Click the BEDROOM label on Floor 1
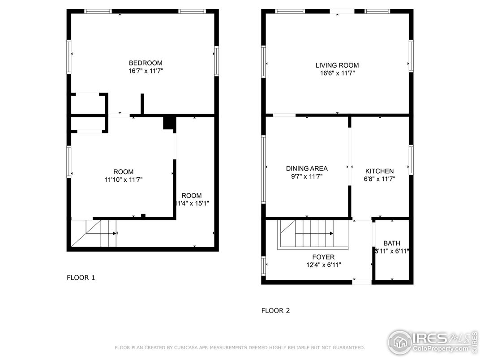(x=146, y=63)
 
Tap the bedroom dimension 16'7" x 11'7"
(x=146, y=71)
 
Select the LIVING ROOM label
(x=337, y=65)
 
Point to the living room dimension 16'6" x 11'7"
(x=337, y=73)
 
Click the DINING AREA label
(x=307, y=169)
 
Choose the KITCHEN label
(x=379, y=171)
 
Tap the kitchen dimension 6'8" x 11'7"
(x=379, y=179)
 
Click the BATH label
(x=392, y=243)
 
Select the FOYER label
(x=323, y=257)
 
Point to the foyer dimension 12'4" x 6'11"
(x=323, y=265)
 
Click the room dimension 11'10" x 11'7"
(x=123, y=180)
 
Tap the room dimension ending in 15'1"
(x=193, y=203)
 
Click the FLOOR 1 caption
(x=81, y=278)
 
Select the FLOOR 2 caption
(x=275, y=311)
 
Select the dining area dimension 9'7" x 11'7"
(x=307, y=176)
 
